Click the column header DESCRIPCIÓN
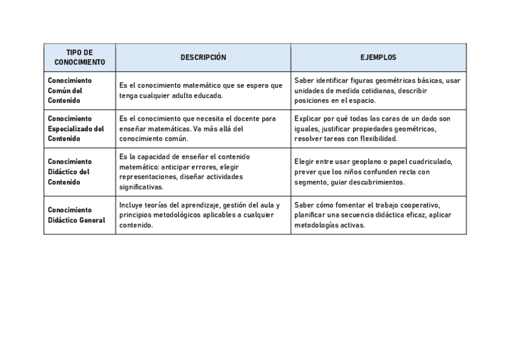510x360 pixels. click(203, 58)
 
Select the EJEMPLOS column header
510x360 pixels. click(378, 58)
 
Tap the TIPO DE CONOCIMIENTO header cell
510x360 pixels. click(79, 58)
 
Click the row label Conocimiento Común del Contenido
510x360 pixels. click(70, 90)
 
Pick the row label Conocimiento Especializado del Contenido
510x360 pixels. click(76, 129)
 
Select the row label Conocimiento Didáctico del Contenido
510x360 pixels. click(70, 172)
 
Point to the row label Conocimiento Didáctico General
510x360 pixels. click(76, 215)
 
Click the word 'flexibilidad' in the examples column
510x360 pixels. click(376, 139)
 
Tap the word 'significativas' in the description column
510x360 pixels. click(141, 187)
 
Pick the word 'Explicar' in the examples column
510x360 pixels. click(308, 119)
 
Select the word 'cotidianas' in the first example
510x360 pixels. click(373, 91)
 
